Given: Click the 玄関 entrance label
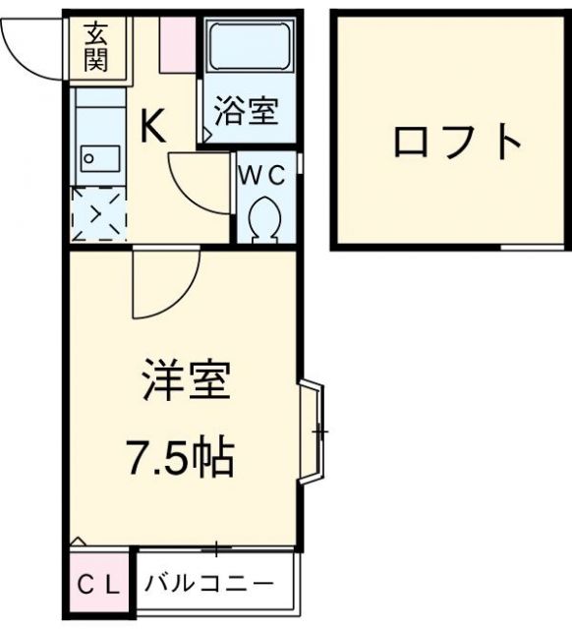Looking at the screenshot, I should (94, 47).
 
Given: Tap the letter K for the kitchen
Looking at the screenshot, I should (155, 126).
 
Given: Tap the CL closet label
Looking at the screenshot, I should (97, 585).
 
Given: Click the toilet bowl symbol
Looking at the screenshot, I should (263, 218).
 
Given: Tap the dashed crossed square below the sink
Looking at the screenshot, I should (99, 213).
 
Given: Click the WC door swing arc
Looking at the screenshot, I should (202, 182).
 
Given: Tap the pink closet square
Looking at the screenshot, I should (97, 585).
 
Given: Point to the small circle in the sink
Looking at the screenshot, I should (88, 156).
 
